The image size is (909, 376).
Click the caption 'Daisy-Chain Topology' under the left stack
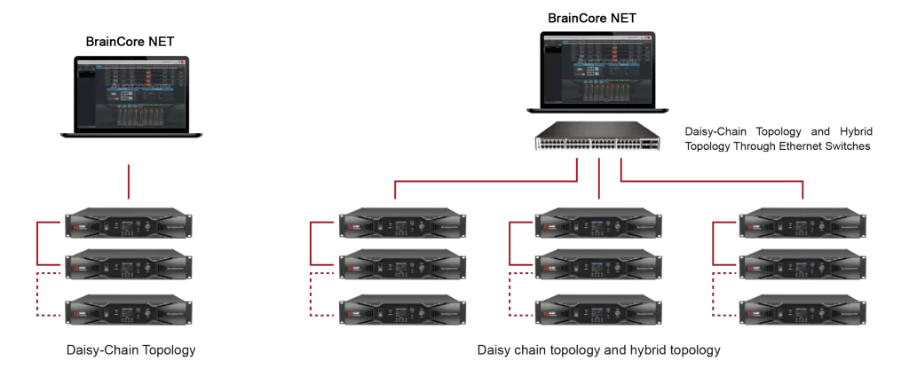(130, 350)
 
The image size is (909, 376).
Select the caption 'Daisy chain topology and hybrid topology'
(598, 350)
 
